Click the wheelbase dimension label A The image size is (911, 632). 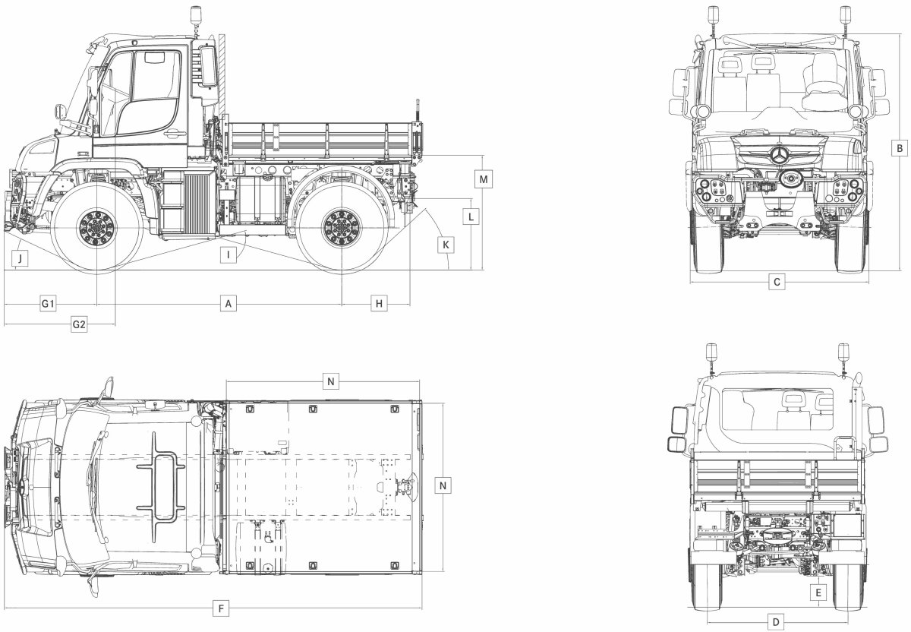tap(227, 304)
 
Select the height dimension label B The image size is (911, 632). tap(898, 147)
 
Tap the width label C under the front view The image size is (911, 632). tap(776, 283)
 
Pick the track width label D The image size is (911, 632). tap(775, 621)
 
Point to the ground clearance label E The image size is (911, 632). tap(818, 592)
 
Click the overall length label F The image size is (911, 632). tap(221, 608)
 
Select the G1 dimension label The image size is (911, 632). tap(48, 304)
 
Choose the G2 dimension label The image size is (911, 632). tap(79, 324)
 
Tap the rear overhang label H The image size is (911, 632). tap(380, 304)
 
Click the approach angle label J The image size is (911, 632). tap(20, 258)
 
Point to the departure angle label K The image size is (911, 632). tap(446, 245)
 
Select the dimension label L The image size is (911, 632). tap(471, 216)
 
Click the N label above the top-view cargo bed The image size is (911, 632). tap(330, 381)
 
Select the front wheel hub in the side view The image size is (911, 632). tap(97, 227)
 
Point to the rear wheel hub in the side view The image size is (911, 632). tap(342, 227)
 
